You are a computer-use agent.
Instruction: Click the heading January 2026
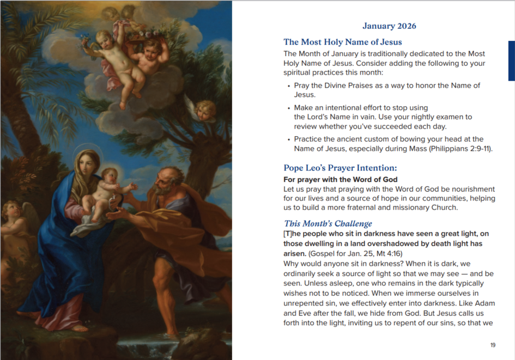tap(389, 26)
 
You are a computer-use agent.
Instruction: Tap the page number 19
tap(493, 345)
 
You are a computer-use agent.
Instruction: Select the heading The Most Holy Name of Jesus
tap(342, 42)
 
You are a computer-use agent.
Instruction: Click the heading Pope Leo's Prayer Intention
tap(340, 168)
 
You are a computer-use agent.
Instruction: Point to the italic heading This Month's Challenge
tap(328, 223)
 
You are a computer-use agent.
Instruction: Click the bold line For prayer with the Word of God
tap(340, 179)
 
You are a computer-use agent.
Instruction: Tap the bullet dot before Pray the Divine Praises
tap(288, 86)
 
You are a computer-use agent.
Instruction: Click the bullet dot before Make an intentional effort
tap(288, 108)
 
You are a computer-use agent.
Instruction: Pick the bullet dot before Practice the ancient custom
tap(288, 139)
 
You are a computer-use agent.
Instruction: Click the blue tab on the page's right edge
tap(511, 60)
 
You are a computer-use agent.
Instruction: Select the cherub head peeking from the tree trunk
tap(205, 109)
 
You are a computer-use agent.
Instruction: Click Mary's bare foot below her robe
tap(79, 328)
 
